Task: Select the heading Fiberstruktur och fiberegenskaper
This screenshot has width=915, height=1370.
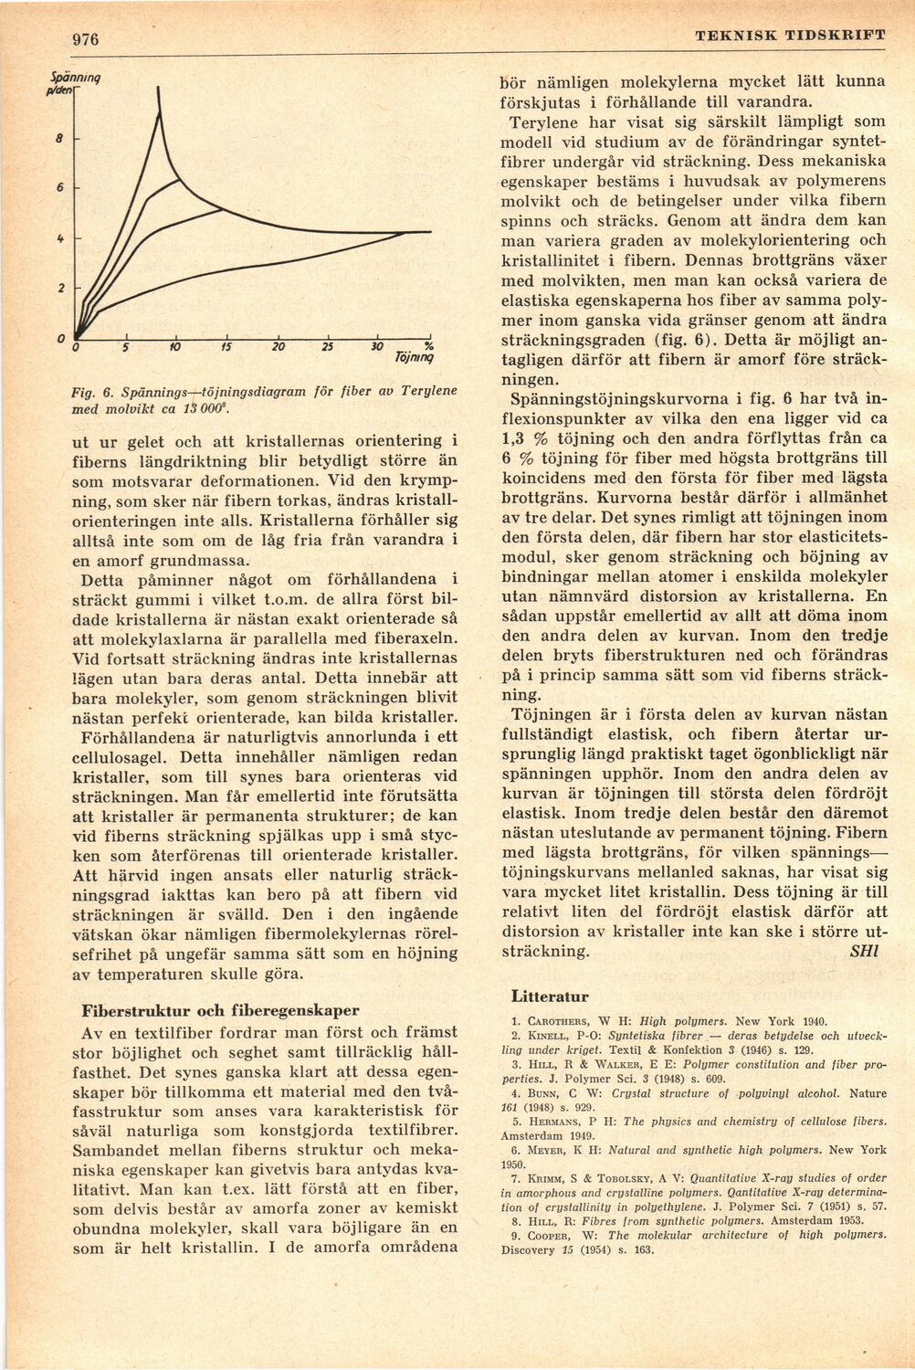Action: (221, 1011)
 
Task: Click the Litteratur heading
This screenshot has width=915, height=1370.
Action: (550, 996)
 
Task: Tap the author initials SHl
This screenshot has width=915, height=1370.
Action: (863, 950)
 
